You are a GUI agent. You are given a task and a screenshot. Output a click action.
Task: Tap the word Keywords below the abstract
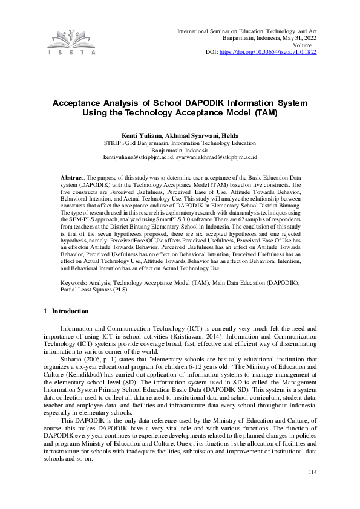tap(74, 282)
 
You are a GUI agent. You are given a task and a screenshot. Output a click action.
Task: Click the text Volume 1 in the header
tap(303, 45)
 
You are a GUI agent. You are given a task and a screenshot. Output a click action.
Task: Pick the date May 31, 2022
tap(296, 37)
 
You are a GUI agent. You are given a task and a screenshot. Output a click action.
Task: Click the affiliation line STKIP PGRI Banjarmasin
tap(180, 143)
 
